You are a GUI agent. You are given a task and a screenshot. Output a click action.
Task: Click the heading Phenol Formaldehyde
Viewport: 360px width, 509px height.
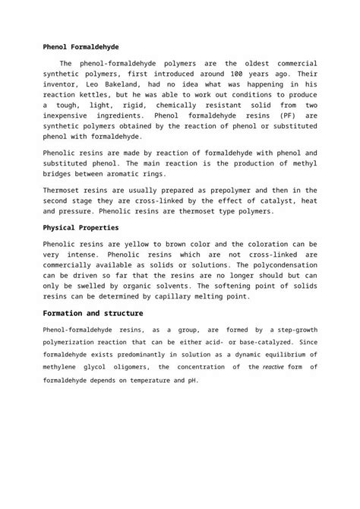point(81,47)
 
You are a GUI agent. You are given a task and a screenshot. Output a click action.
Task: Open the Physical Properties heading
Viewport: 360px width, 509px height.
point(81,227)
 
